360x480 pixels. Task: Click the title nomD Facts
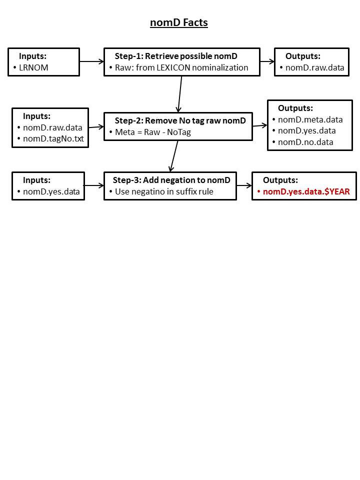point(179,22)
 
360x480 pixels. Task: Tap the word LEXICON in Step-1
point(173,67)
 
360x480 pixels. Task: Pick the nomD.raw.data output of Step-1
point(314,67)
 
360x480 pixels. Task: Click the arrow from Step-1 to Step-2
point(179,94)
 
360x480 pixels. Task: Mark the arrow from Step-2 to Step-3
point(174,156)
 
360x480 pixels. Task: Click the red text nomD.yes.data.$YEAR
point(306,191)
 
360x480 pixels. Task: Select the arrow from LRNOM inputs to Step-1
point(92,61)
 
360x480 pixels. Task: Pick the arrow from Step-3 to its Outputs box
point(244,185)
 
